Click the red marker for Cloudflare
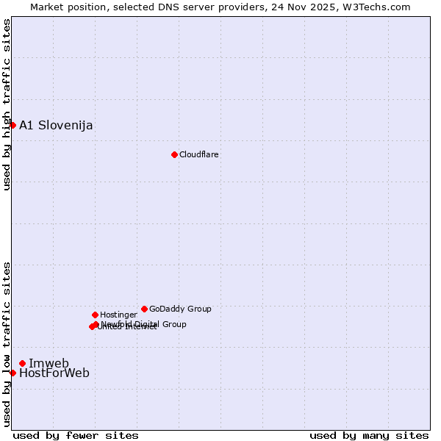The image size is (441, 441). (x=174, y=154)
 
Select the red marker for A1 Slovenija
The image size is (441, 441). (x=12, y=125)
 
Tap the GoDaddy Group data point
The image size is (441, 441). (x=144, y=309)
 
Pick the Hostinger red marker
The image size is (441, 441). (x=95, y=315)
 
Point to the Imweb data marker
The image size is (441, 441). (x=22, y=363)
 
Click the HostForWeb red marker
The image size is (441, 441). (x=12, y=373)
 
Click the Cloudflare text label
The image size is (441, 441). (x=199, y=154)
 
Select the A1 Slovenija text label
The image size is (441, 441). (x=56, y=125)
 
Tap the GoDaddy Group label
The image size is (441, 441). (x=180, y=309)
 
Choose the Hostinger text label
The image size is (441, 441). (x=118, y=315)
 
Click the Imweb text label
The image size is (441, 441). (x=49, y=363)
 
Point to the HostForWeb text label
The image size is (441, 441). (x=54, y=373)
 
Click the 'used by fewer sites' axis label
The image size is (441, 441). (x=76, y=435)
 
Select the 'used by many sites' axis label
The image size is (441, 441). (x=369, y=435)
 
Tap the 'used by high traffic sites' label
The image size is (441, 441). (x=7, y=104)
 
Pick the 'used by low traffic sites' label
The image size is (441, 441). (x=7, y=344)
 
